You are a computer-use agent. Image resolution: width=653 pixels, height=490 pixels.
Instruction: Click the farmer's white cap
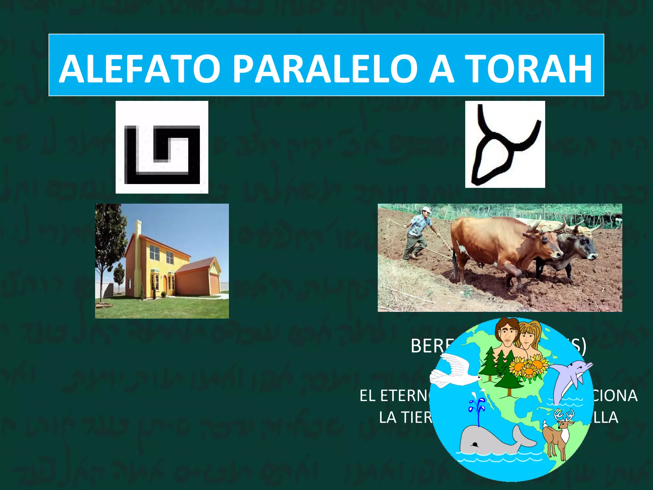click(x=426, y=210)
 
